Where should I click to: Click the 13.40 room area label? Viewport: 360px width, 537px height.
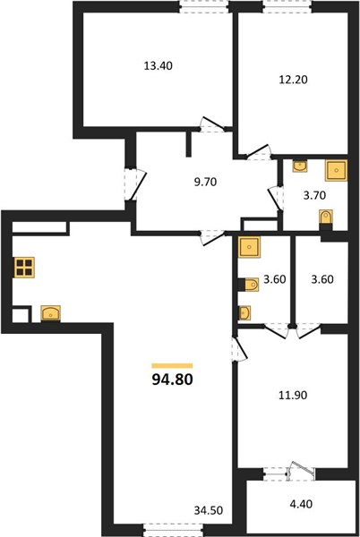(158, 65)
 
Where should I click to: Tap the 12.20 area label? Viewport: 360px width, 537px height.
(293, 80)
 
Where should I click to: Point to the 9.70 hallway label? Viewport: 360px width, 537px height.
(205, 182)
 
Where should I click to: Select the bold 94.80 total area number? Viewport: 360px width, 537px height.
(172, 379)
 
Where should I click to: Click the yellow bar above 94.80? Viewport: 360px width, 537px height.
(172, 366)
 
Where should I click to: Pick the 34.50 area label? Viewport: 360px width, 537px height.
(209, 511)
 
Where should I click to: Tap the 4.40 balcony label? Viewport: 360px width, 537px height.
(301, 504)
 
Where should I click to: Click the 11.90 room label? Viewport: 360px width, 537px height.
(293, 396)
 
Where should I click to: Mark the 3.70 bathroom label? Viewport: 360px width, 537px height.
(314, 195)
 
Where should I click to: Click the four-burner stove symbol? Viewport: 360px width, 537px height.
(24, 267)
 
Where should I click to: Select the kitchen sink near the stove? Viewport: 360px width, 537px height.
(51, 313)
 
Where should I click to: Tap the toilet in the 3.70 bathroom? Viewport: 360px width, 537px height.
(325, 218)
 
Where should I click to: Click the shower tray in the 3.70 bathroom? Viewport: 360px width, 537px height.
(336, 170)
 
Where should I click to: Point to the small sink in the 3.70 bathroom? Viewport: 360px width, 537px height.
(300, 166)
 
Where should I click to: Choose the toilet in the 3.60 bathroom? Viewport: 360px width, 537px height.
(250, 285)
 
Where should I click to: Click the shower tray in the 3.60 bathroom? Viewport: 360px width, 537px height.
(249, 247)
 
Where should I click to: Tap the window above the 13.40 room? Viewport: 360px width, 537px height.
(204, 7)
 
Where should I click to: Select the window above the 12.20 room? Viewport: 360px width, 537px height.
(287, 7)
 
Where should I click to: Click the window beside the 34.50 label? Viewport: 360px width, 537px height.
(173, 530)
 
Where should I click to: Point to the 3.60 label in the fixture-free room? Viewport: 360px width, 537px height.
(322, 279)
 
